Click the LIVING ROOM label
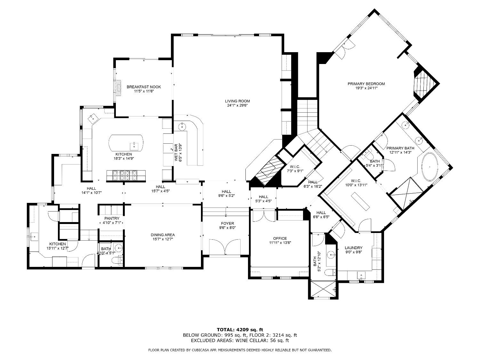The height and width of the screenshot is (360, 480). click(237, 101)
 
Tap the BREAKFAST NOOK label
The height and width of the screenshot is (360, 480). click(144, 87)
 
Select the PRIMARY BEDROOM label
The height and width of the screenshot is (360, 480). click(366, 84)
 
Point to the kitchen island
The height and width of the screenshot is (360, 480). click(126, 143)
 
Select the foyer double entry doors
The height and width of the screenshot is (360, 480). click(225, 247)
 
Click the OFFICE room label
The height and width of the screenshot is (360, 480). click(280, 238)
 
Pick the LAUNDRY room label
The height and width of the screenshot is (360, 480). click(354, 248)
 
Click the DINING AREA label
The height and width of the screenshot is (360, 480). click(163, 235)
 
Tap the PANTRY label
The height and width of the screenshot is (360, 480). click(112, 219)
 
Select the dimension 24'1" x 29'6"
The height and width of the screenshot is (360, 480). click(237, 105)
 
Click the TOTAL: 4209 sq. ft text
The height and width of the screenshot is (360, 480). click(240, 329)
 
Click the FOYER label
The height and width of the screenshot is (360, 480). click(227, 223)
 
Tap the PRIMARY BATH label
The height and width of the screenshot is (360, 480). click(400, 148)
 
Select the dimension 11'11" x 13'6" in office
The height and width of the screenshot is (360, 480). click(280, 243)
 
